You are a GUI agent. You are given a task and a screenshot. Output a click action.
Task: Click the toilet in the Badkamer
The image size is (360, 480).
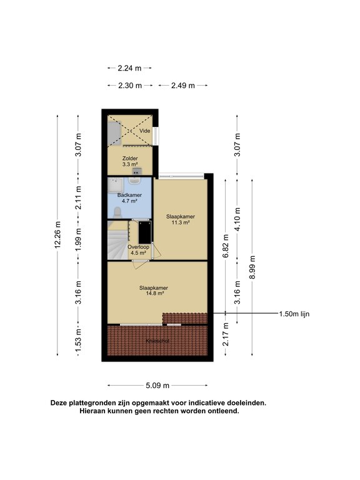tap(117, 212)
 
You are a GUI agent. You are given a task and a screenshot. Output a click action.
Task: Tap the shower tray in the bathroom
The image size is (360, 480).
tap(115, 186)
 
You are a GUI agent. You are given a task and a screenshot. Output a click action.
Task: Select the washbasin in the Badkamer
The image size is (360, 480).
tap(134, 180)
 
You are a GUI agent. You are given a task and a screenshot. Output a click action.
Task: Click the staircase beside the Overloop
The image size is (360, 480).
tap(117, 240)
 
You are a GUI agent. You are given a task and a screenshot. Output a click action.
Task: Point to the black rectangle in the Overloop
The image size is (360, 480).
tap(144, 232)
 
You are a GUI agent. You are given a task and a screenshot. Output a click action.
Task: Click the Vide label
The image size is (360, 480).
tap(145, 131)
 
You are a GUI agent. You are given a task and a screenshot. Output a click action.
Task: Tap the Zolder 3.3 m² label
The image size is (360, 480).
tap(130, 161)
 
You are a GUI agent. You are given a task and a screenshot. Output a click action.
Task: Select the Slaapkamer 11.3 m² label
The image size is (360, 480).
tap(181, 219)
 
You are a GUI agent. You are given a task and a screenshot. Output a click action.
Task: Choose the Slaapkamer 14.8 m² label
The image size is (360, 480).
tap(154, 291)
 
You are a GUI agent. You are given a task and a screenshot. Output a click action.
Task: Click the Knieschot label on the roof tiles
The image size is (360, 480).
tap(157, 341)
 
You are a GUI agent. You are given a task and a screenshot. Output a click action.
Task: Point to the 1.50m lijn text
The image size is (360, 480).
tap(294, 314)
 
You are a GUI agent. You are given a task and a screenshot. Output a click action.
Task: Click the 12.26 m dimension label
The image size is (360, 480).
tap(57, 235)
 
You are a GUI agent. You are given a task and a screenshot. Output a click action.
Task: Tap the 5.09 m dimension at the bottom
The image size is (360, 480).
tap(157, 386)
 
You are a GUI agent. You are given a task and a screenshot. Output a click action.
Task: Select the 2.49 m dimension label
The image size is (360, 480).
tap(182, 86)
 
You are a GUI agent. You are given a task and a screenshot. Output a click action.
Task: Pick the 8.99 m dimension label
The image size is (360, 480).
tap(252, 267)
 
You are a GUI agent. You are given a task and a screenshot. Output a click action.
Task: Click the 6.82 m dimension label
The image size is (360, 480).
tap(226, 246)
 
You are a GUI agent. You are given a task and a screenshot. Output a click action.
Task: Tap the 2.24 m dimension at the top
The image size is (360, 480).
tap(129, 68)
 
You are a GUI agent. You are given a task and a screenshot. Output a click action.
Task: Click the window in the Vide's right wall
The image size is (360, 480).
tap(156, 136)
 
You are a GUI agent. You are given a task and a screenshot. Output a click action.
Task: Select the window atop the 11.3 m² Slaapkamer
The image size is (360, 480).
tap(181, 176)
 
